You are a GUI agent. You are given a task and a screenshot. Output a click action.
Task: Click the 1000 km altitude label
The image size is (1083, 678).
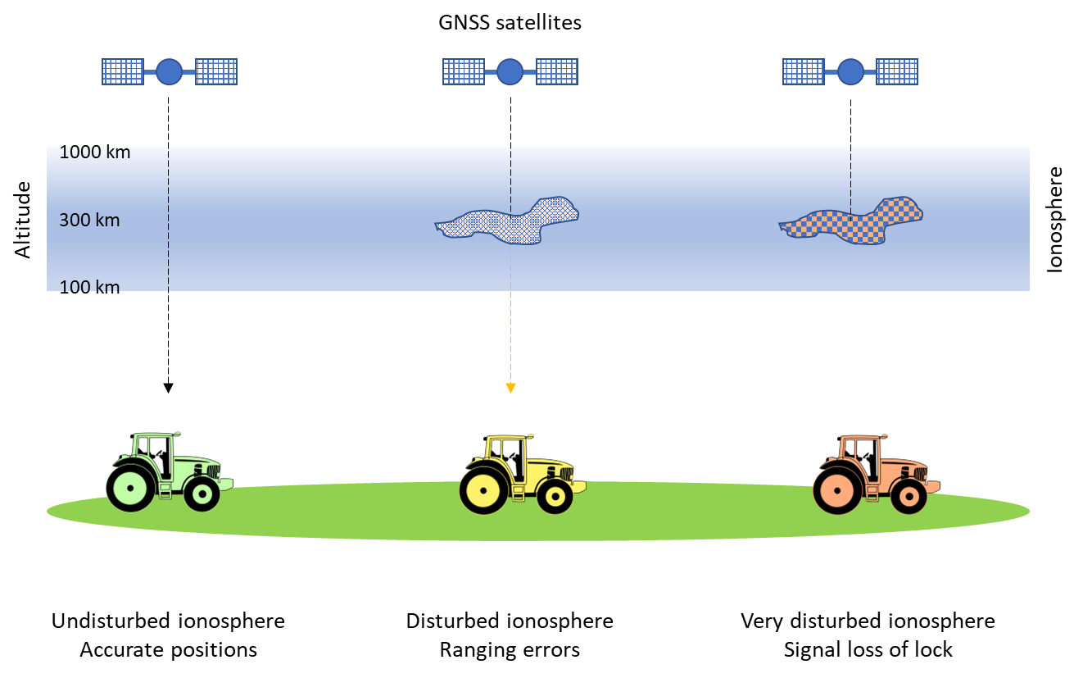coord(94,153)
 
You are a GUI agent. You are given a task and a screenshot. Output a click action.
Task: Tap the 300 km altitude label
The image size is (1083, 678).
coord(89,221)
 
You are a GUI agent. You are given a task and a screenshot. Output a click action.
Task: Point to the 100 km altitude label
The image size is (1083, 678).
coord(89,286)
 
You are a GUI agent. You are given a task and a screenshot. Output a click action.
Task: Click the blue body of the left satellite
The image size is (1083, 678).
coord(169,72)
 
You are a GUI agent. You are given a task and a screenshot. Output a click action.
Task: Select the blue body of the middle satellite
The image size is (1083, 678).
coord(510,72)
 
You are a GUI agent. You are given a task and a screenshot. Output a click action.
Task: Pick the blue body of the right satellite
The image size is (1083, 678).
coord(850,72)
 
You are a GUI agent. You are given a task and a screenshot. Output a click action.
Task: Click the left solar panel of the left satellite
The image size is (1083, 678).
coord(123,72)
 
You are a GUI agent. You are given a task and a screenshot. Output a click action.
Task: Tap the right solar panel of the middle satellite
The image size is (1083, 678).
coord(556,72)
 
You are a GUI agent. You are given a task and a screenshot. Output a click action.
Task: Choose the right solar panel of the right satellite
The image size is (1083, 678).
coord(896,72)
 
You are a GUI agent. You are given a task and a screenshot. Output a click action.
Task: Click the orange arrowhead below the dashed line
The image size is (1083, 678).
coord(510,388)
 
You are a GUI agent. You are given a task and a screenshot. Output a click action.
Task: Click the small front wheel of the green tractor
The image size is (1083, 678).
coord(202,494)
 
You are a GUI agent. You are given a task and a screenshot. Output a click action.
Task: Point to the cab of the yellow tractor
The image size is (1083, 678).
coord(506,454)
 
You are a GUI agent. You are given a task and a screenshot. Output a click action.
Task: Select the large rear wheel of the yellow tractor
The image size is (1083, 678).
coord(484,489)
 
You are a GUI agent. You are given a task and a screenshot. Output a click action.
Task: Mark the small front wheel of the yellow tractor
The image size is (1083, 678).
coord(555,496)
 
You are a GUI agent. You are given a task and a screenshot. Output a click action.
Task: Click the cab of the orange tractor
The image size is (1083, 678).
coord(860,453)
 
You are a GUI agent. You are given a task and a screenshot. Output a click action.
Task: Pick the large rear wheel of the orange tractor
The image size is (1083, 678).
coord(838,489)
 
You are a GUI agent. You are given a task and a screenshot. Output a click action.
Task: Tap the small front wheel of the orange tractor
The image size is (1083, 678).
coord(909,496)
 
